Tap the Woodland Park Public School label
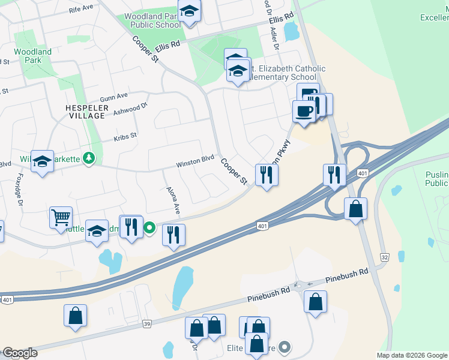(152, 21)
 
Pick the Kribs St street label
(125, 137)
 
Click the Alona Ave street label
(173, 199)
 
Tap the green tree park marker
(89, 158)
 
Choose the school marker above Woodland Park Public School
(190, 11)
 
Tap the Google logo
(20, 353)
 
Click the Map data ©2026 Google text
(412, 355)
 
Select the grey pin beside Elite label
(285, 347)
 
